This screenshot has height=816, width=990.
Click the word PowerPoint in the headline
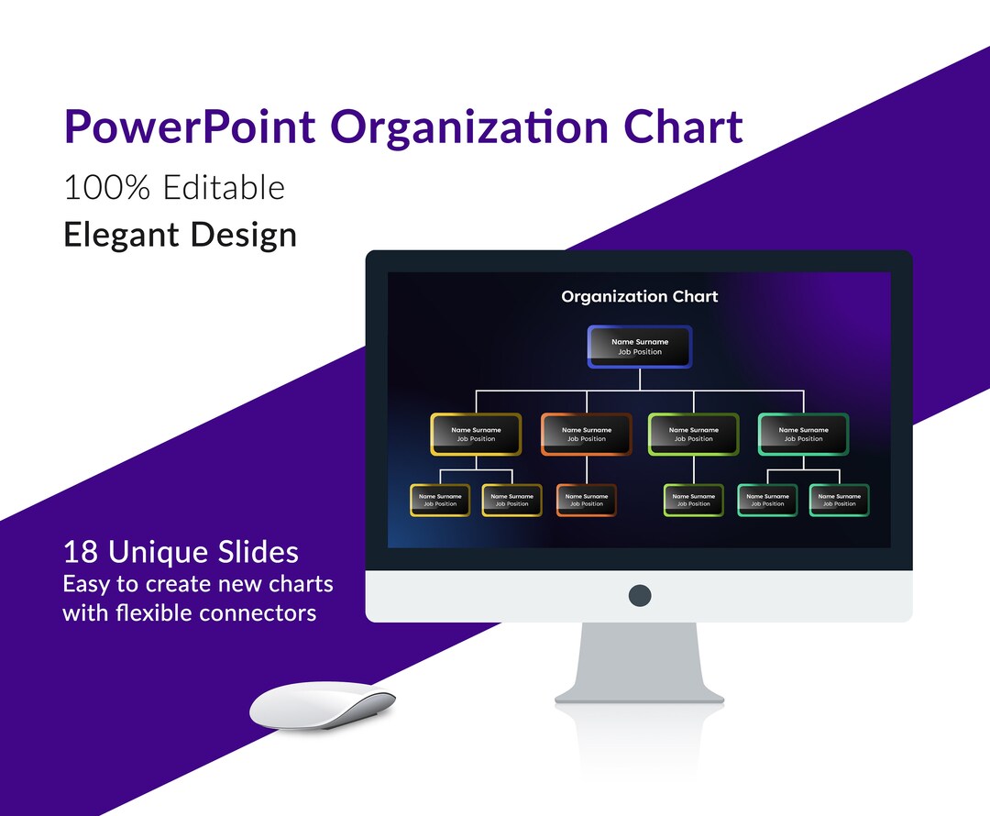(189, 127)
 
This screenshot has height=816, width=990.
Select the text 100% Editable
(174, 188)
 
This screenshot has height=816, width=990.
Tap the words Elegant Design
(180, 235)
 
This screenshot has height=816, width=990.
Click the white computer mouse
(321, 706)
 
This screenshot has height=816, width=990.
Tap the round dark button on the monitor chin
(640, 595)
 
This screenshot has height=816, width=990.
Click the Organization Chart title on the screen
(640, 296)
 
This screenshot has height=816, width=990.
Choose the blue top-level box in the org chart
(640, 347)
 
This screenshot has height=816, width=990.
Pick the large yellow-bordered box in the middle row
(476, 434)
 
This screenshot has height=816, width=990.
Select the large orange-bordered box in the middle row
(586, 434)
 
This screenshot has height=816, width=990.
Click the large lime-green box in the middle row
(693, 434)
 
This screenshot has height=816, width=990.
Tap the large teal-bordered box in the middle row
(803, 434)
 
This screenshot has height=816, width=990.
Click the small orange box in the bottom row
(586, 500)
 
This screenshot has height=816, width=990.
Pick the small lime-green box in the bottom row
(693, 500)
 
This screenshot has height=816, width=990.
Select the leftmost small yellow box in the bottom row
(440, 500)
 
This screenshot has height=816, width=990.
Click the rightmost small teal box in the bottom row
(839, 500)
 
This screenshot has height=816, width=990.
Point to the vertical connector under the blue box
(640, 379)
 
